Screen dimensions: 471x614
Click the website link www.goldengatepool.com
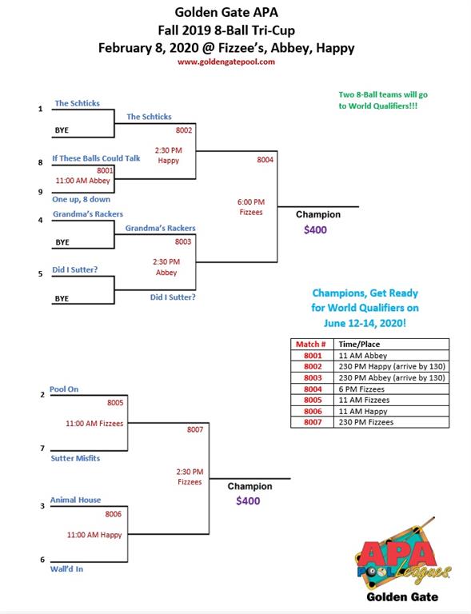pos(226,62)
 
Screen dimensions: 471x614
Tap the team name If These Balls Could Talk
pos(96,158)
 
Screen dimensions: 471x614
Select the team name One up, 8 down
pos(81,199)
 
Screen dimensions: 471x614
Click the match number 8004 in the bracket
pos(265,160)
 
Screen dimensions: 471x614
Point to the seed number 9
pos(40,192)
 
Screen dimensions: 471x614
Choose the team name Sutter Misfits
pos(75,458)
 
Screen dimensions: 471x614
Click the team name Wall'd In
pos(66,569)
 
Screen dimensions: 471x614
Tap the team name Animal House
pos(75,500)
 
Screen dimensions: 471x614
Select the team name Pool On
pos(64,389)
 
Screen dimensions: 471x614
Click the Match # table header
pos(311,345)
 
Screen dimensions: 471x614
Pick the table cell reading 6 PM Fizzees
pos(361,389)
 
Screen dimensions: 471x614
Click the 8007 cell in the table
pos(313,422)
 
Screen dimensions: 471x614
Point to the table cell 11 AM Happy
pos(363,411)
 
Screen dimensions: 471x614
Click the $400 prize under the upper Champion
pos(315,229)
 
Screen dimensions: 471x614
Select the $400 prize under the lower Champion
pos(248,500)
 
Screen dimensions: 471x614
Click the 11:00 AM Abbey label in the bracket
pos(82,181)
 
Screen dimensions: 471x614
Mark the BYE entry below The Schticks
pos(62,130)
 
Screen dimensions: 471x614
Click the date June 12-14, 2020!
pos(365,323)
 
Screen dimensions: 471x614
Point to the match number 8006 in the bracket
pos(113,514)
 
